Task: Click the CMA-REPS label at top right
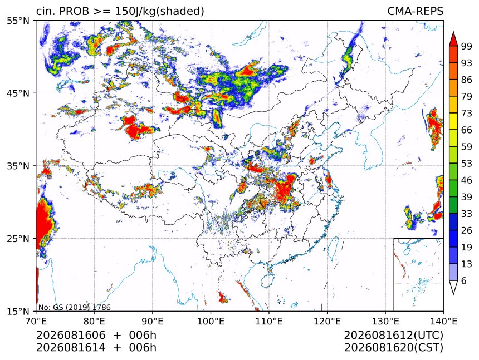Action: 415,11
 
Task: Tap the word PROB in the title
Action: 74,11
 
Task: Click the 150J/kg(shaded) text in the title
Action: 159,11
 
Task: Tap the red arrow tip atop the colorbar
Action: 453,32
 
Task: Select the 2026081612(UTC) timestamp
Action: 393,335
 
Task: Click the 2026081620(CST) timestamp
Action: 393,348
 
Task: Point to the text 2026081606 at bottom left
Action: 71,335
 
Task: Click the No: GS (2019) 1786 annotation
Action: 74,307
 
